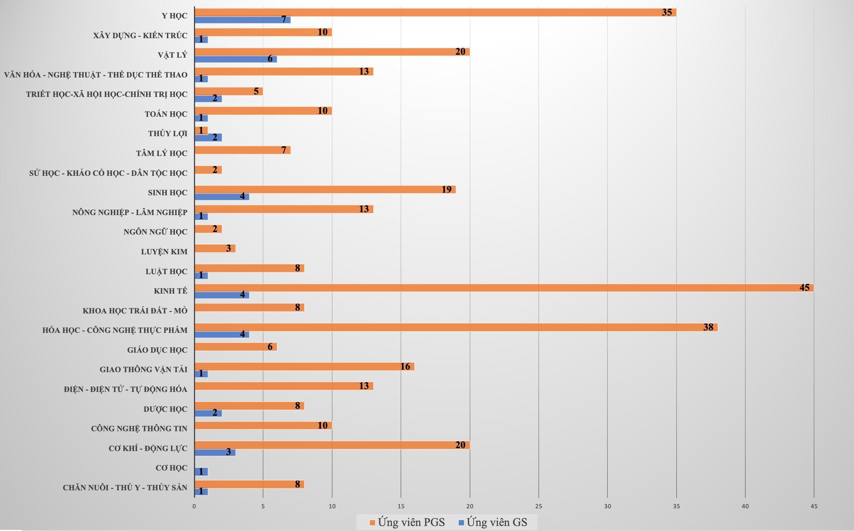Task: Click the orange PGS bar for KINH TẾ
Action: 504,288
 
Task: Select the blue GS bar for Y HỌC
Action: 242,20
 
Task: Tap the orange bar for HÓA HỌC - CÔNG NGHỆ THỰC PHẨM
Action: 456,327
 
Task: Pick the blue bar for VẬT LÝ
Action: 235,59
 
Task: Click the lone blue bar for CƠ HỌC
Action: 201,472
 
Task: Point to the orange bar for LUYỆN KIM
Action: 215,249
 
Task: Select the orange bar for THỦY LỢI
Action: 201,130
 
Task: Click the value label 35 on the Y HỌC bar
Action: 667,12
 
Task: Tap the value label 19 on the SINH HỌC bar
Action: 446,189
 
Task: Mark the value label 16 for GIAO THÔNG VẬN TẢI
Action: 405,366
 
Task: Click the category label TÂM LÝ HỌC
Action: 162,153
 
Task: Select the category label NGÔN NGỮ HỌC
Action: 155,232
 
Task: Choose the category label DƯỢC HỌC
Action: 165,409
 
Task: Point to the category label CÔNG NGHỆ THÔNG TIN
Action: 139,429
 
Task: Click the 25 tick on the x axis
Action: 539,506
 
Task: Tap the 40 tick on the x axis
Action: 745,506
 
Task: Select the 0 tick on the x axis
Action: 194,506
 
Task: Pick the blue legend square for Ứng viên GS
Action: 461,522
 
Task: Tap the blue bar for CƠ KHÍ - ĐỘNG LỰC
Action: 215,452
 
